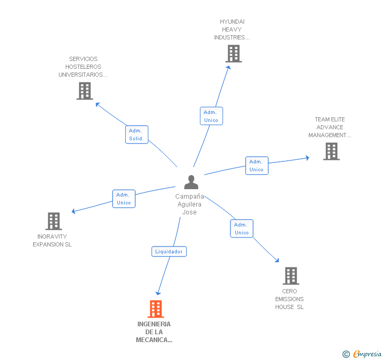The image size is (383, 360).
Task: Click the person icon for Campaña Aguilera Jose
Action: (x=191, y=182)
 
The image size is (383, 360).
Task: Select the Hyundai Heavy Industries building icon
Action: (x=234, y=54)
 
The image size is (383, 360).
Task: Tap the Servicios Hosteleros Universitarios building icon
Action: (x=84, y=91)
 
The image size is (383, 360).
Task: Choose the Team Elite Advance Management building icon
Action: (x=331, y=151)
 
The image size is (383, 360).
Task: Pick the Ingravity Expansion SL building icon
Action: (x=54, y=221)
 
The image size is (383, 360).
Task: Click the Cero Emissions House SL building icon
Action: (x=290, y=275)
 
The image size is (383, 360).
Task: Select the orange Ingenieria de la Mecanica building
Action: (x=155, y=309)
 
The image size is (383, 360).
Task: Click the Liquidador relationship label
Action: (x=169, y=252)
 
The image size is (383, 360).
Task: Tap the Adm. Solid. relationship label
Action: (x=137, y=135)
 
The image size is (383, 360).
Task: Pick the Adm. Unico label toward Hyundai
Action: (x=211, y=116)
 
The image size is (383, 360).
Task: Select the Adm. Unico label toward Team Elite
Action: (x=257, y=166)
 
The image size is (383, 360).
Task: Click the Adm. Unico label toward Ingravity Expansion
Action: (x=124, y=199)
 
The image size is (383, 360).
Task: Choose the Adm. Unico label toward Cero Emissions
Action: (x=241, y=229)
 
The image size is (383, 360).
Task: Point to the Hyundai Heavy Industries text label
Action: (x=232, y=29)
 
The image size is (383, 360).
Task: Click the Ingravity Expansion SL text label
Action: (x=52, y=241)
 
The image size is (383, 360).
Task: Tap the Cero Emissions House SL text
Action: (x=289, y=299)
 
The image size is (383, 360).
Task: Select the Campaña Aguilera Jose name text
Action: (x=189, y=204)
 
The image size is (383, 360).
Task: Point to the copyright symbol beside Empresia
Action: (x=346, y=354)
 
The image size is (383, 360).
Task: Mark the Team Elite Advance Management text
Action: (x=330, y=127)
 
